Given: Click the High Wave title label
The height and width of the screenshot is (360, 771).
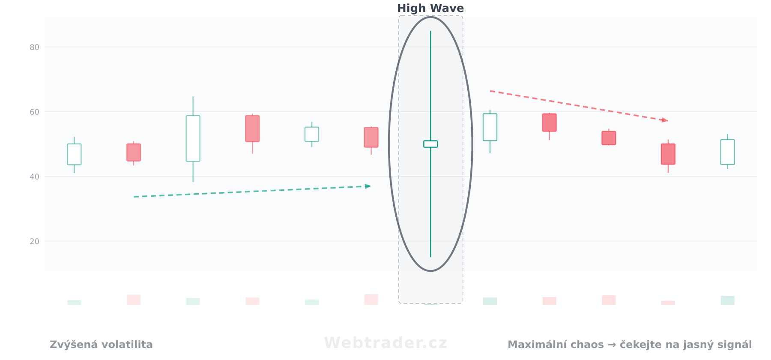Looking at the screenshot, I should click(x=430, y=8).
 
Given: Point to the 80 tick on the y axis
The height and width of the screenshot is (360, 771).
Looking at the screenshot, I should click(x=34, y=47).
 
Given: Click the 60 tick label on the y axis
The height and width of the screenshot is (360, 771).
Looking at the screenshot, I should click(x=34, y=112).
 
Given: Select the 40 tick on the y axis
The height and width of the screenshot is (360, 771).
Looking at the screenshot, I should click(x=34, y=177).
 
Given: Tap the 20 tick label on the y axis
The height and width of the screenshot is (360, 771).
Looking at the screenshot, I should click(x=34, y=241).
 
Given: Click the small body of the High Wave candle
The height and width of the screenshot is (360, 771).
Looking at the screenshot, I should click(x=430, y=144).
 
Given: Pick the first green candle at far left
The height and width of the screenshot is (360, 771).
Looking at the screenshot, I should click(x=74, y=154).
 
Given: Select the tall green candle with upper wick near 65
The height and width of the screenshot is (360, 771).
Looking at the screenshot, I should click(x=193, y=138).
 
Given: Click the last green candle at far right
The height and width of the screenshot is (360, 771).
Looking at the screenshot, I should click(x=727, y=152).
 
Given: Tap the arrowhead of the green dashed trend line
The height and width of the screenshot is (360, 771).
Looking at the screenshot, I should click(x=368, y=186).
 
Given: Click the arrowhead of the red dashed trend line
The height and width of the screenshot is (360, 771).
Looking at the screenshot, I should click(x=665, y=120).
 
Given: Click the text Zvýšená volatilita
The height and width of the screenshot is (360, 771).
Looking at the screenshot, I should click(x=101, y=345).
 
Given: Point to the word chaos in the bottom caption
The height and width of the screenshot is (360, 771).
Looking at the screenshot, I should click(x=588, y=345).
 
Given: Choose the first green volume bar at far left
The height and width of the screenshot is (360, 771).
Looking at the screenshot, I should click(x=74, y=303).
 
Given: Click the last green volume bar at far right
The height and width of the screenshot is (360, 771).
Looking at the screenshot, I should click(x=727, y=300).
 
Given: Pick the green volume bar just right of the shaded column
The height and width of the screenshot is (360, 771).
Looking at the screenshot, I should click(x=490, y=301).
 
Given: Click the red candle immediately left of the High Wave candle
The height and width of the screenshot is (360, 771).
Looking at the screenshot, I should click(x=371, y=138).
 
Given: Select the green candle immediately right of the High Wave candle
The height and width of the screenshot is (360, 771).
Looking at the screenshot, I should click(x=490, y=127).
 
